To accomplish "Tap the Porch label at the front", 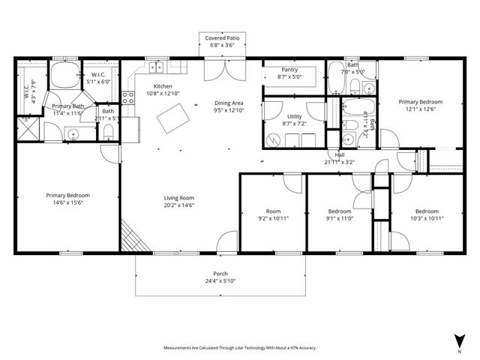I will point(220,274).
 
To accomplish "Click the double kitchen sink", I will point(157,68).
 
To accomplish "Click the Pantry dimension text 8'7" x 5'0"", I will point(289,76).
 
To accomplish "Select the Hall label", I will point(340,154).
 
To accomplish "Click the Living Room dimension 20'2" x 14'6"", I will point(179,204).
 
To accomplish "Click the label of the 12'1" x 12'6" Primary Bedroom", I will point(420,102).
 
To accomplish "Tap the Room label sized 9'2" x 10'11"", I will point(273,211).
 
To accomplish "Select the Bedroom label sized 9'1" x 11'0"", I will point(340,211).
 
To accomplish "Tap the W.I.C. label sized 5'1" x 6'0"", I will point(101,75).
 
